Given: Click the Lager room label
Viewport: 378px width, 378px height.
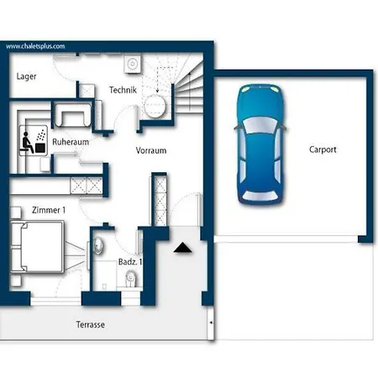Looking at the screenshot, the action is click(26, 76).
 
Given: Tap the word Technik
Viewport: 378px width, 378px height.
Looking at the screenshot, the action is click(123, 90).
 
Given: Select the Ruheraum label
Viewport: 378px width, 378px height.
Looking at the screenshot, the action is click(71, 142).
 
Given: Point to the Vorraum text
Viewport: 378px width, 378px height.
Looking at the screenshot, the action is click(151, 150).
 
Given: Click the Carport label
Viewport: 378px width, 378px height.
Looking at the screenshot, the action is click(323, 150).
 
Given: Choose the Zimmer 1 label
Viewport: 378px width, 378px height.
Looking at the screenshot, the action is click(49, 210).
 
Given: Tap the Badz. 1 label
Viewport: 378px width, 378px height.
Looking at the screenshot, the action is click(130, 262).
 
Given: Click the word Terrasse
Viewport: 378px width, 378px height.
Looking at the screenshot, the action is click(91, 324).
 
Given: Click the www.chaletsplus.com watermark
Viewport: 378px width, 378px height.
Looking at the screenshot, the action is click(35, 46).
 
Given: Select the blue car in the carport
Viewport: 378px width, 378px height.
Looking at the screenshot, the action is click(260, 144).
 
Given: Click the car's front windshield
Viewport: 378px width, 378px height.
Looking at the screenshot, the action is click(260, 125).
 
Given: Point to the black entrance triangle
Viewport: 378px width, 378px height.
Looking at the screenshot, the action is click(182, 248).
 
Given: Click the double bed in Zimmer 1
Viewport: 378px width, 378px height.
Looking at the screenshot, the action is click(37, 247).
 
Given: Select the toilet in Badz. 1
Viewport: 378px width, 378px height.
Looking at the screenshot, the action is click(131, 278).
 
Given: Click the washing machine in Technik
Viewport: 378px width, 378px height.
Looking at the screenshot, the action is click(133, 64).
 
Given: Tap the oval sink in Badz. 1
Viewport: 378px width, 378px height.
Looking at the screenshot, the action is click(98, 245).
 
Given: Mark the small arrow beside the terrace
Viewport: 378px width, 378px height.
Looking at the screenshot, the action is click(212, 323).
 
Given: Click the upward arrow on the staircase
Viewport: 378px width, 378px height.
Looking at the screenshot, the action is click(190, 91).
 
